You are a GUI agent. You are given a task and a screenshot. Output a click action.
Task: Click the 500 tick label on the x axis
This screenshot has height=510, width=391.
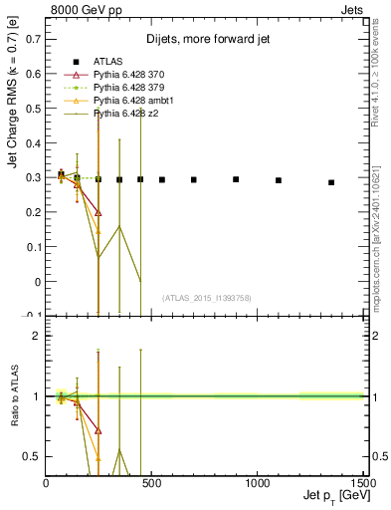click(x=151, y=483)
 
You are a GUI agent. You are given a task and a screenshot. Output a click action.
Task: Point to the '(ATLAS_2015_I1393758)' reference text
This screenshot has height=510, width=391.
click(x=206, y=298)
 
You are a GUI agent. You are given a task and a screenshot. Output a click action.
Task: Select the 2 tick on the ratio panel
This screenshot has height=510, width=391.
click(x=37, y=336)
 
